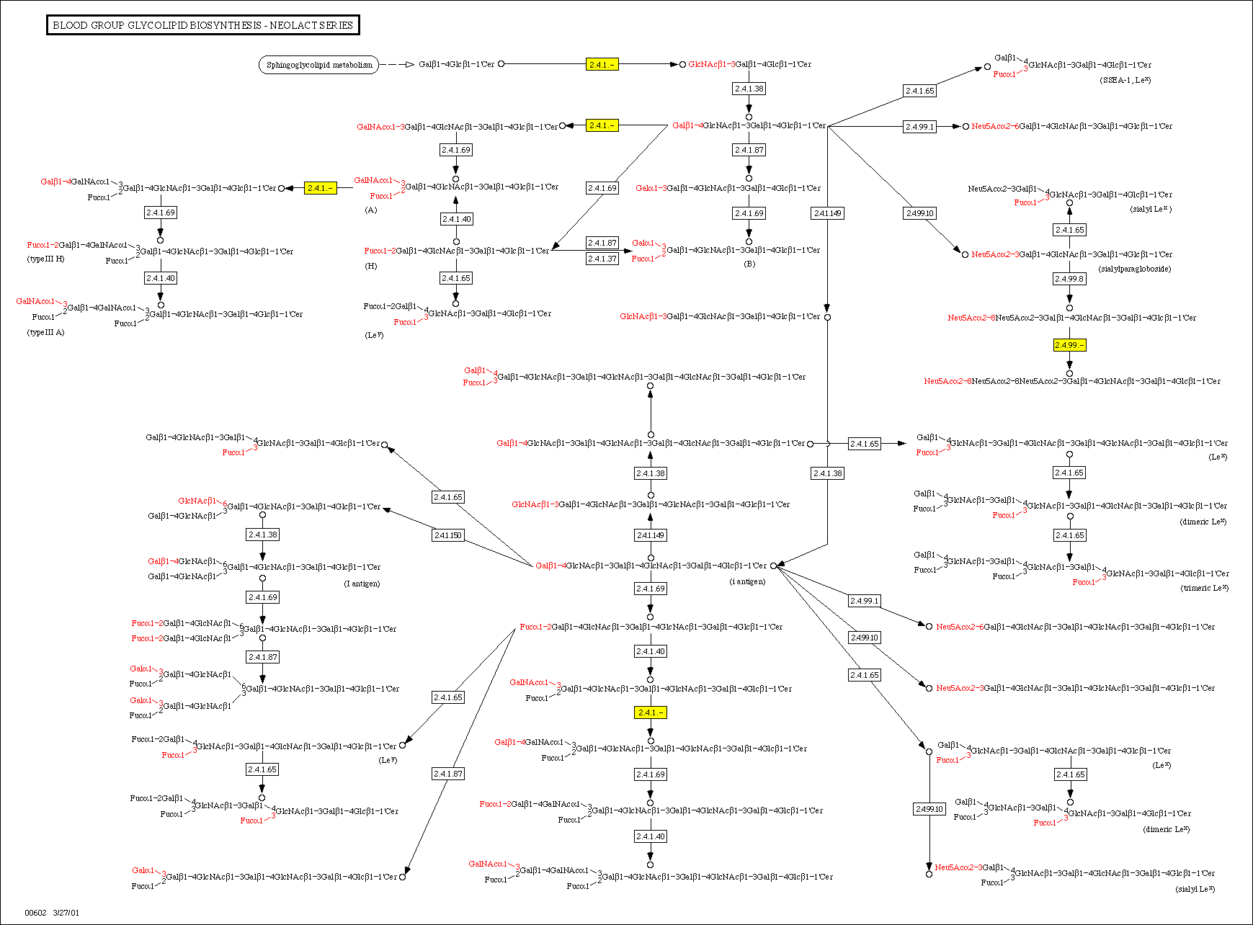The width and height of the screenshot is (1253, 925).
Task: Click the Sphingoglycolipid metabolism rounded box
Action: click(318, 65)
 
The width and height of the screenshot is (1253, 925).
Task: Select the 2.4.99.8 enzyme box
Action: click(1069, 279)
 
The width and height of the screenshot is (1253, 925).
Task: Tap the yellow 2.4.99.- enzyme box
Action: click(1069, 345)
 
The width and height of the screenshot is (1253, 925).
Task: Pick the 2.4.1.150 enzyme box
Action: click(448, 535)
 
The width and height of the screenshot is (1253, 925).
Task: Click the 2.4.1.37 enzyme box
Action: click(602, 259)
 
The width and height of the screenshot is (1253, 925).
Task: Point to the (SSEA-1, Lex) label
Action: click(1125, 80)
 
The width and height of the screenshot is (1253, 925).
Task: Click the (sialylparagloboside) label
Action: click(1135, 269)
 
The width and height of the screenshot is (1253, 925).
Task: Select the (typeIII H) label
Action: click(46, 259)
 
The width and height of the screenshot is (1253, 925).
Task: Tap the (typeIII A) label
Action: click(45, 332)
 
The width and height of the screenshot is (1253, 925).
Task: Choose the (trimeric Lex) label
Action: click(1204, 588)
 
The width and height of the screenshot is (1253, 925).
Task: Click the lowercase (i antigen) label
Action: click(747, 581)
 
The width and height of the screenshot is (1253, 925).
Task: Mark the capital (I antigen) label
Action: click(362, 584)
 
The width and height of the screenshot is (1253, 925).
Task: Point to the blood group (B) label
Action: click(749, 264)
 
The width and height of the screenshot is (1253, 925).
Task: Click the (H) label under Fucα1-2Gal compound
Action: click(371, 266)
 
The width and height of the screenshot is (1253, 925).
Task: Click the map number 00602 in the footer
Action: click(35, 913)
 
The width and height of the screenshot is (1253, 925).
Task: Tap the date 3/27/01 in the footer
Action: click(66, 913)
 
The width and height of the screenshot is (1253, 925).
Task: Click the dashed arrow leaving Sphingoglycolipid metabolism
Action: click(396, 65)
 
